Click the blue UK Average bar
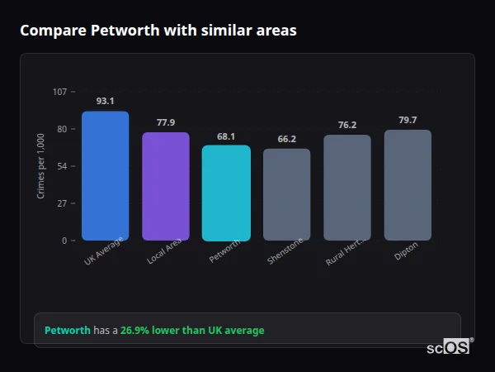pyautogui.click(x=105, y=176)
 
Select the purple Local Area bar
pyautogui.click(x=166, y=187)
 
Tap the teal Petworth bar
pyautogui.click(x=226, y=193)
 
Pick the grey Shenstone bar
pyautogui.click(x=287, y=195)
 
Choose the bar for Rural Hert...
pyautogui.click(x=347, y=188)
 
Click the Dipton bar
pyautogui.click(x=408, y=185)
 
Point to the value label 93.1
pyautogui.click(x=105, y=101)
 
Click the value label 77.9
pyautogui.click(x=166, y=122)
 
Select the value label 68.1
pyautogui.click(x=226, y=136)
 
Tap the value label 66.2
pyautogui.click(x=287, y=139)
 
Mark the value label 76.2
pyautogui.click(x=347, y=125)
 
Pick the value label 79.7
pyautogui.click(x=408, y=120)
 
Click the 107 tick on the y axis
pyautogui.click(x=59, y=92)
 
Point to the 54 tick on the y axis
pyautogui.click(x=62, y=166)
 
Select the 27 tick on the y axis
pyautogui.click(x=62, y=203)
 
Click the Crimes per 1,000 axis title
pyautogui.click(x=40, y=166)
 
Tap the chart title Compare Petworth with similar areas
pyautogui.click(x=158, y=31)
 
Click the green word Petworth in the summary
pyautogui.click(x=67, y=331)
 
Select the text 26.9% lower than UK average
pyautogui.click(x=192, y=331)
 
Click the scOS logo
pyautogui.click(x=448, y=348)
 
